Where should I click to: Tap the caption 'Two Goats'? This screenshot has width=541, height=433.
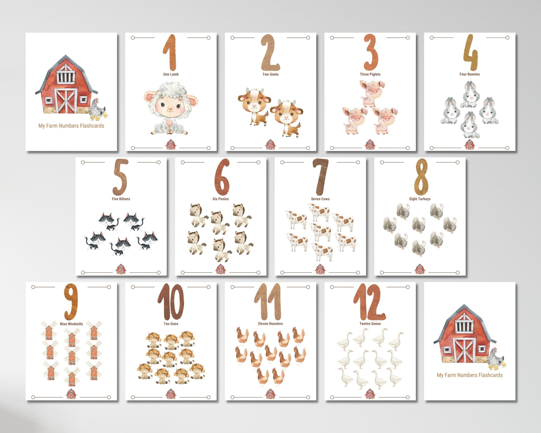270,74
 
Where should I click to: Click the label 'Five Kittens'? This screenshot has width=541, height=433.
121,199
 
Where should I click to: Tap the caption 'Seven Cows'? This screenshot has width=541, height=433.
320,199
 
